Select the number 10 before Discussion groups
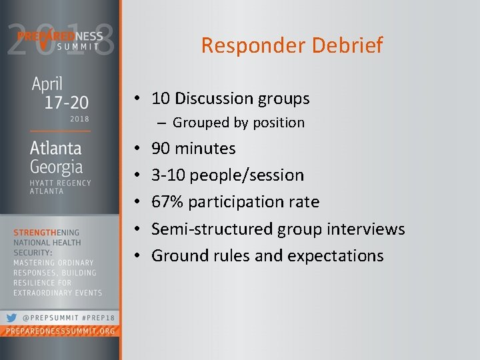coord(160,99)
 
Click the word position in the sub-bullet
coord(278,123)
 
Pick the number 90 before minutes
coord(161,148)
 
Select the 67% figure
coord(167,202)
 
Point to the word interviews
coord(367,229)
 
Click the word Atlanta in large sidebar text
coord(56,148)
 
